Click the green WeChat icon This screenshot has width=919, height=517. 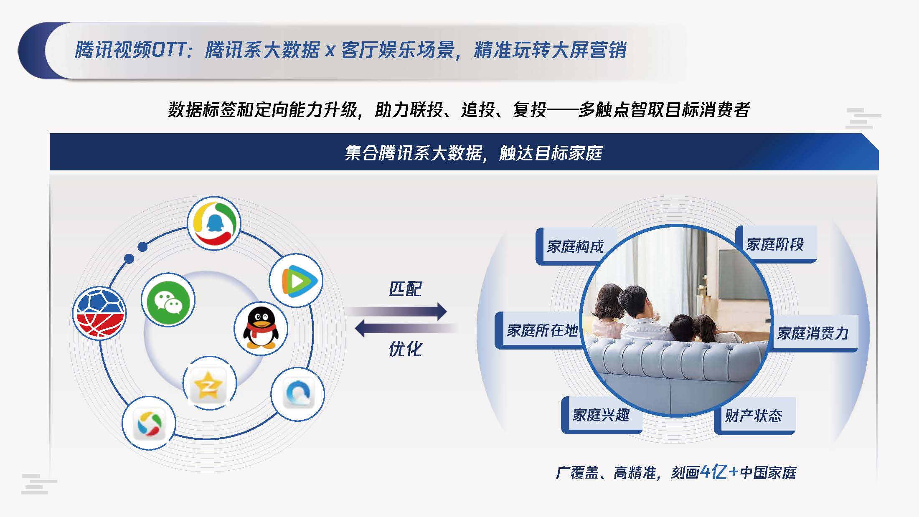[168, 300]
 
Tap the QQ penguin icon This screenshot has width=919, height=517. [261, 328]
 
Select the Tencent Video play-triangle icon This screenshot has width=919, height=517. [296, 280]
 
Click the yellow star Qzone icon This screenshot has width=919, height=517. [210, 383]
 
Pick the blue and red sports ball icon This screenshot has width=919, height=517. [99, 313]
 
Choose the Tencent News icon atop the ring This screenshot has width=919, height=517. [214, 223]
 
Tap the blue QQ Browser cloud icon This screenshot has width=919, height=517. [298, 394]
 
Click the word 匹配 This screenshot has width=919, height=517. [405, 289]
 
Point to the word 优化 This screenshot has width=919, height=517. [405, 349]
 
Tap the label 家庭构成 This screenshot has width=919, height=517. [575, 246]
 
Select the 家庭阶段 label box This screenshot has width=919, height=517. [776, 244]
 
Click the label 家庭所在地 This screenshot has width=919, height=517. [542, 330]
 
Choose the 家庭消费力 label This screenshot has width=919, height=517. [812, 333]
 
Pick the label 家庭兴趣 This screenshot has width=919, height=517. [601, 415]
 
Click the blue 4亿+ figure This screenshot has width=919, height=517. [719, 472]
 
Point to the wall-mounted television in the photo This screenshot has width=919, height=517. [739, 274]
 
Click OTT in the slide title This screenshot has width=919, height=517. [169, 50]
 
